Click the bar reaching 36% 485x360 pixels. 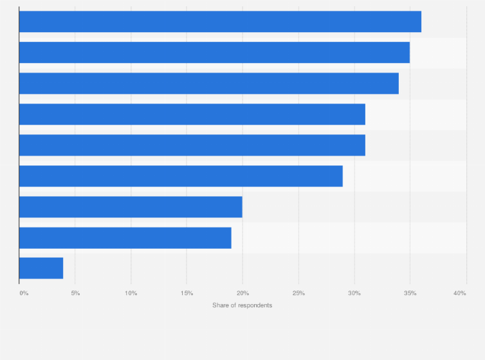[x=220, y=22]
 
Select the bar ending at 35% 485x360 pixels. [x=214, y=53]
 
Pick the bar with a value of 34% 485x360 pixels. [x=208, y=84]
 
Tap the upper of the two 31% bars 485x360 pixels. [x=192, y=114]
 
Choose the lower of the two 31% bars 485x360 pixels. [x=192, y=145]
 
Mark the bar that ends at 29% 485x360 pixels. [x=181, y=176]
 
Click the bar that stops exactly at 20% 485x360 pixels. [x=131, y=207]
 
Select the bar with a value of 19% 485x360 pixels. [x=125, y=238]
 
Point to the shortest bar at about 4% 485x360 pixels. [x=41, y=268]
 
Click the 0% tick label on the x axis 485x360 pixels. [x=24, y=293]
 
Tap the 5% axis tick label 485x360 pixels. [x=75, y=293]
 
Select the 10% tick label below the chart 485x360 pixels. [x=131, y=293]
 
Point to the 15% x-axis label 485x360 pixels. [x=187, y=293]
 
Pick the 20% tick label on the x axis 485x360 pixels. [x=243, y=293]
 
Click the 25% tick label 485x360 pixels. [x=298, y=293]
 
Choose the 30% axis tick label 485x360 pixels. [x=354, y=293]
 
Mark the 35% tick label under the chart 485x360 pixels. [x=410, y=293]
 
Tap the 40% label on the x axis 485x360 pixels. [x=459, y=293]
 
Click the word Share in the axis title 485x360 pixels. [x=221, y=305]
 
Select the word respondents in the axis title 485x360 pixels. [x=255, y=305]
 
